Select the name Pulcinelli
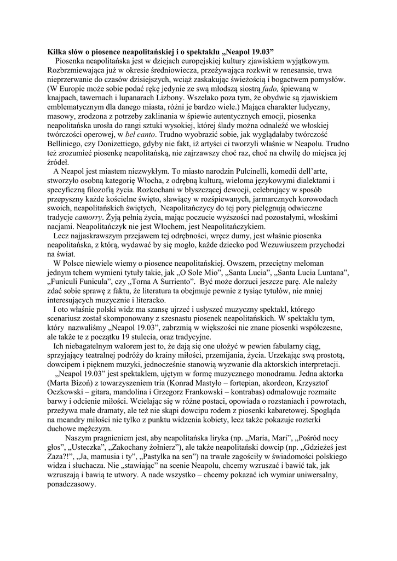click(258, 171)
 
